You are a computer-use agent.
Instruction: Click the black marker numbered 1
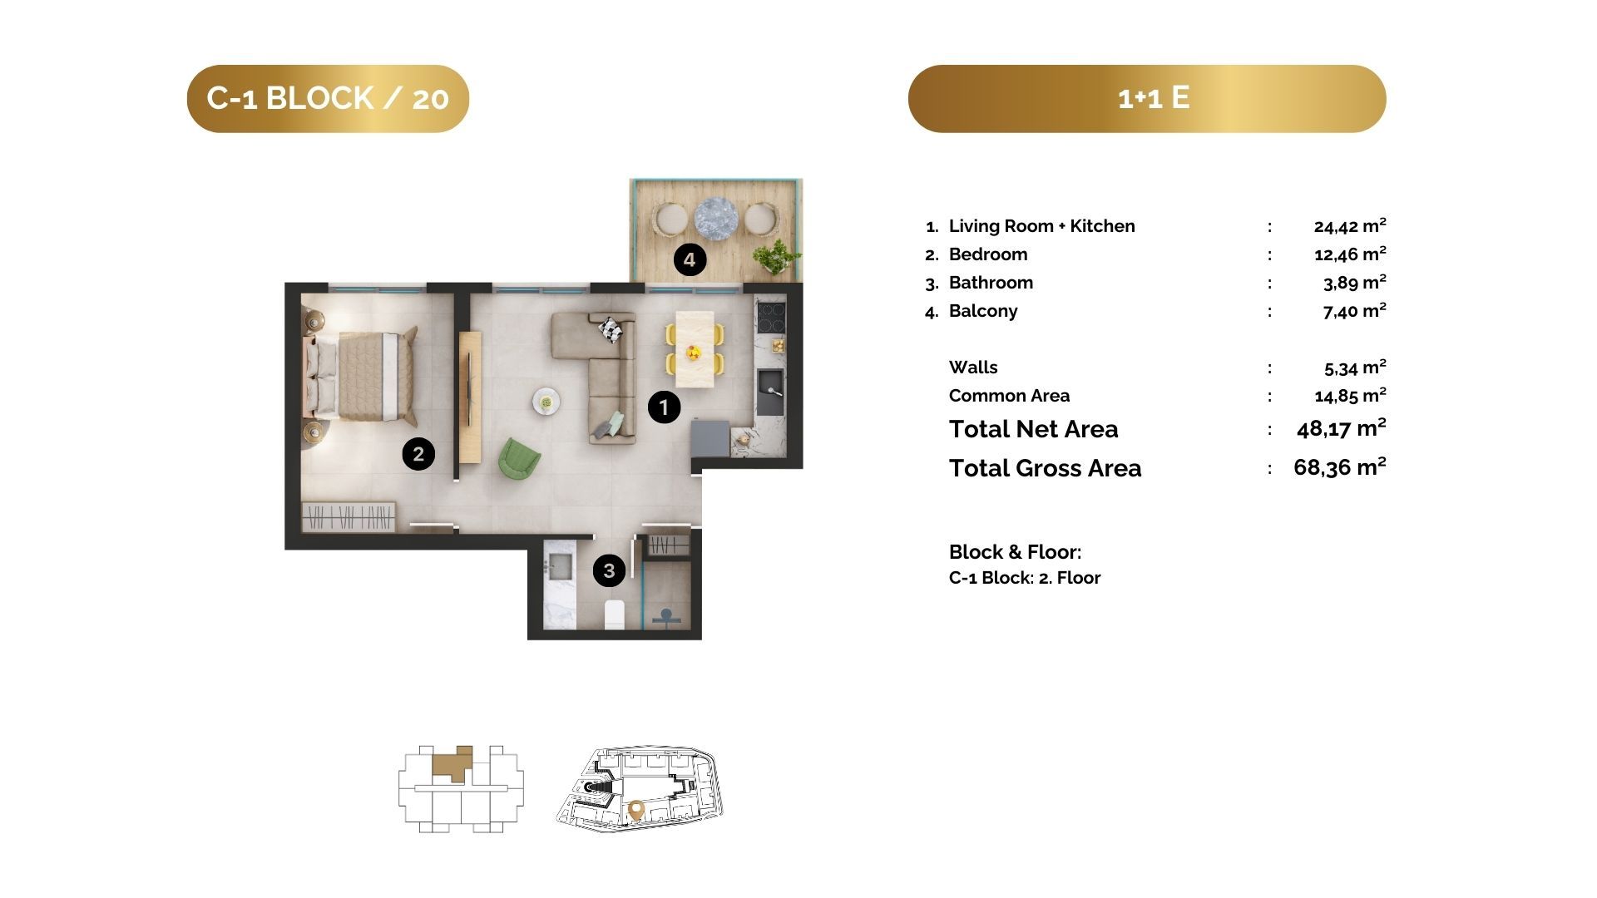pyautogui.click(x=664, y=407)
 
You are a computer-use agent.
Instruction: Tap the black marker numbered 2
pyautogui.click(x=418, y=454)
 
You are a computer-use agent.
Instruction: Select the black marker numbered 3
pyautogui.click(x=609, y=570)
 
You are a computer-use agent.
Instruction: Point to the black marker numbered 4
pyautogui.click(x=690, y=260)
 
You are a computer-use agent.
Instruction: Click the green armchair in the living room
pyautogui.click(x=519, y=458)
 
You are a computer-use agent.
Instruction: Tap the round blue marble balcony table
pyautogui.click(x=716, y=219)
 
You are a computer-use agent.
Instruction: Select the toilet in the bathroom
pyautogui.click(x=615, y=614)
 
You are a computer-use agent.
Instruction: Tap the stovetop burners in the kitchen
pyautogui.click(x=770, y=317)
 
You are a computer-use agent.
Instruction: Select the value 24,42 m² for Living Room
pyautogui.click(x=1350, y=225)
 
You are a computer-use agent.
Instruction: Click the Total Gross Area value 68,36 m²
pyautogui.click(x=1339, y=467)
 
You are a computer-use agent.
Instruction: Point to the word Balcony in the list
pyautogui.click(x=983, y=311)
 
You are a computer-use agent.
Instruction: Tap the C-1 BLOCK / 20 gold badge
pyautogui.click(x=328, y=98)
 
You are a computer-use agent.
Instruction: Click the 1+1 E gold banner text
pyautogui.click(x=1154, y=97)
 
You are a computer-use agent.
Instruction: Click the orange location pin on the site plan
pyautogui.click(x=636, y=809)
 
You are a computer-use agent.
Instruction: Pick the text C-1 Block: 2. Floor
pyautogui.click(x=1025, y=578)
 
